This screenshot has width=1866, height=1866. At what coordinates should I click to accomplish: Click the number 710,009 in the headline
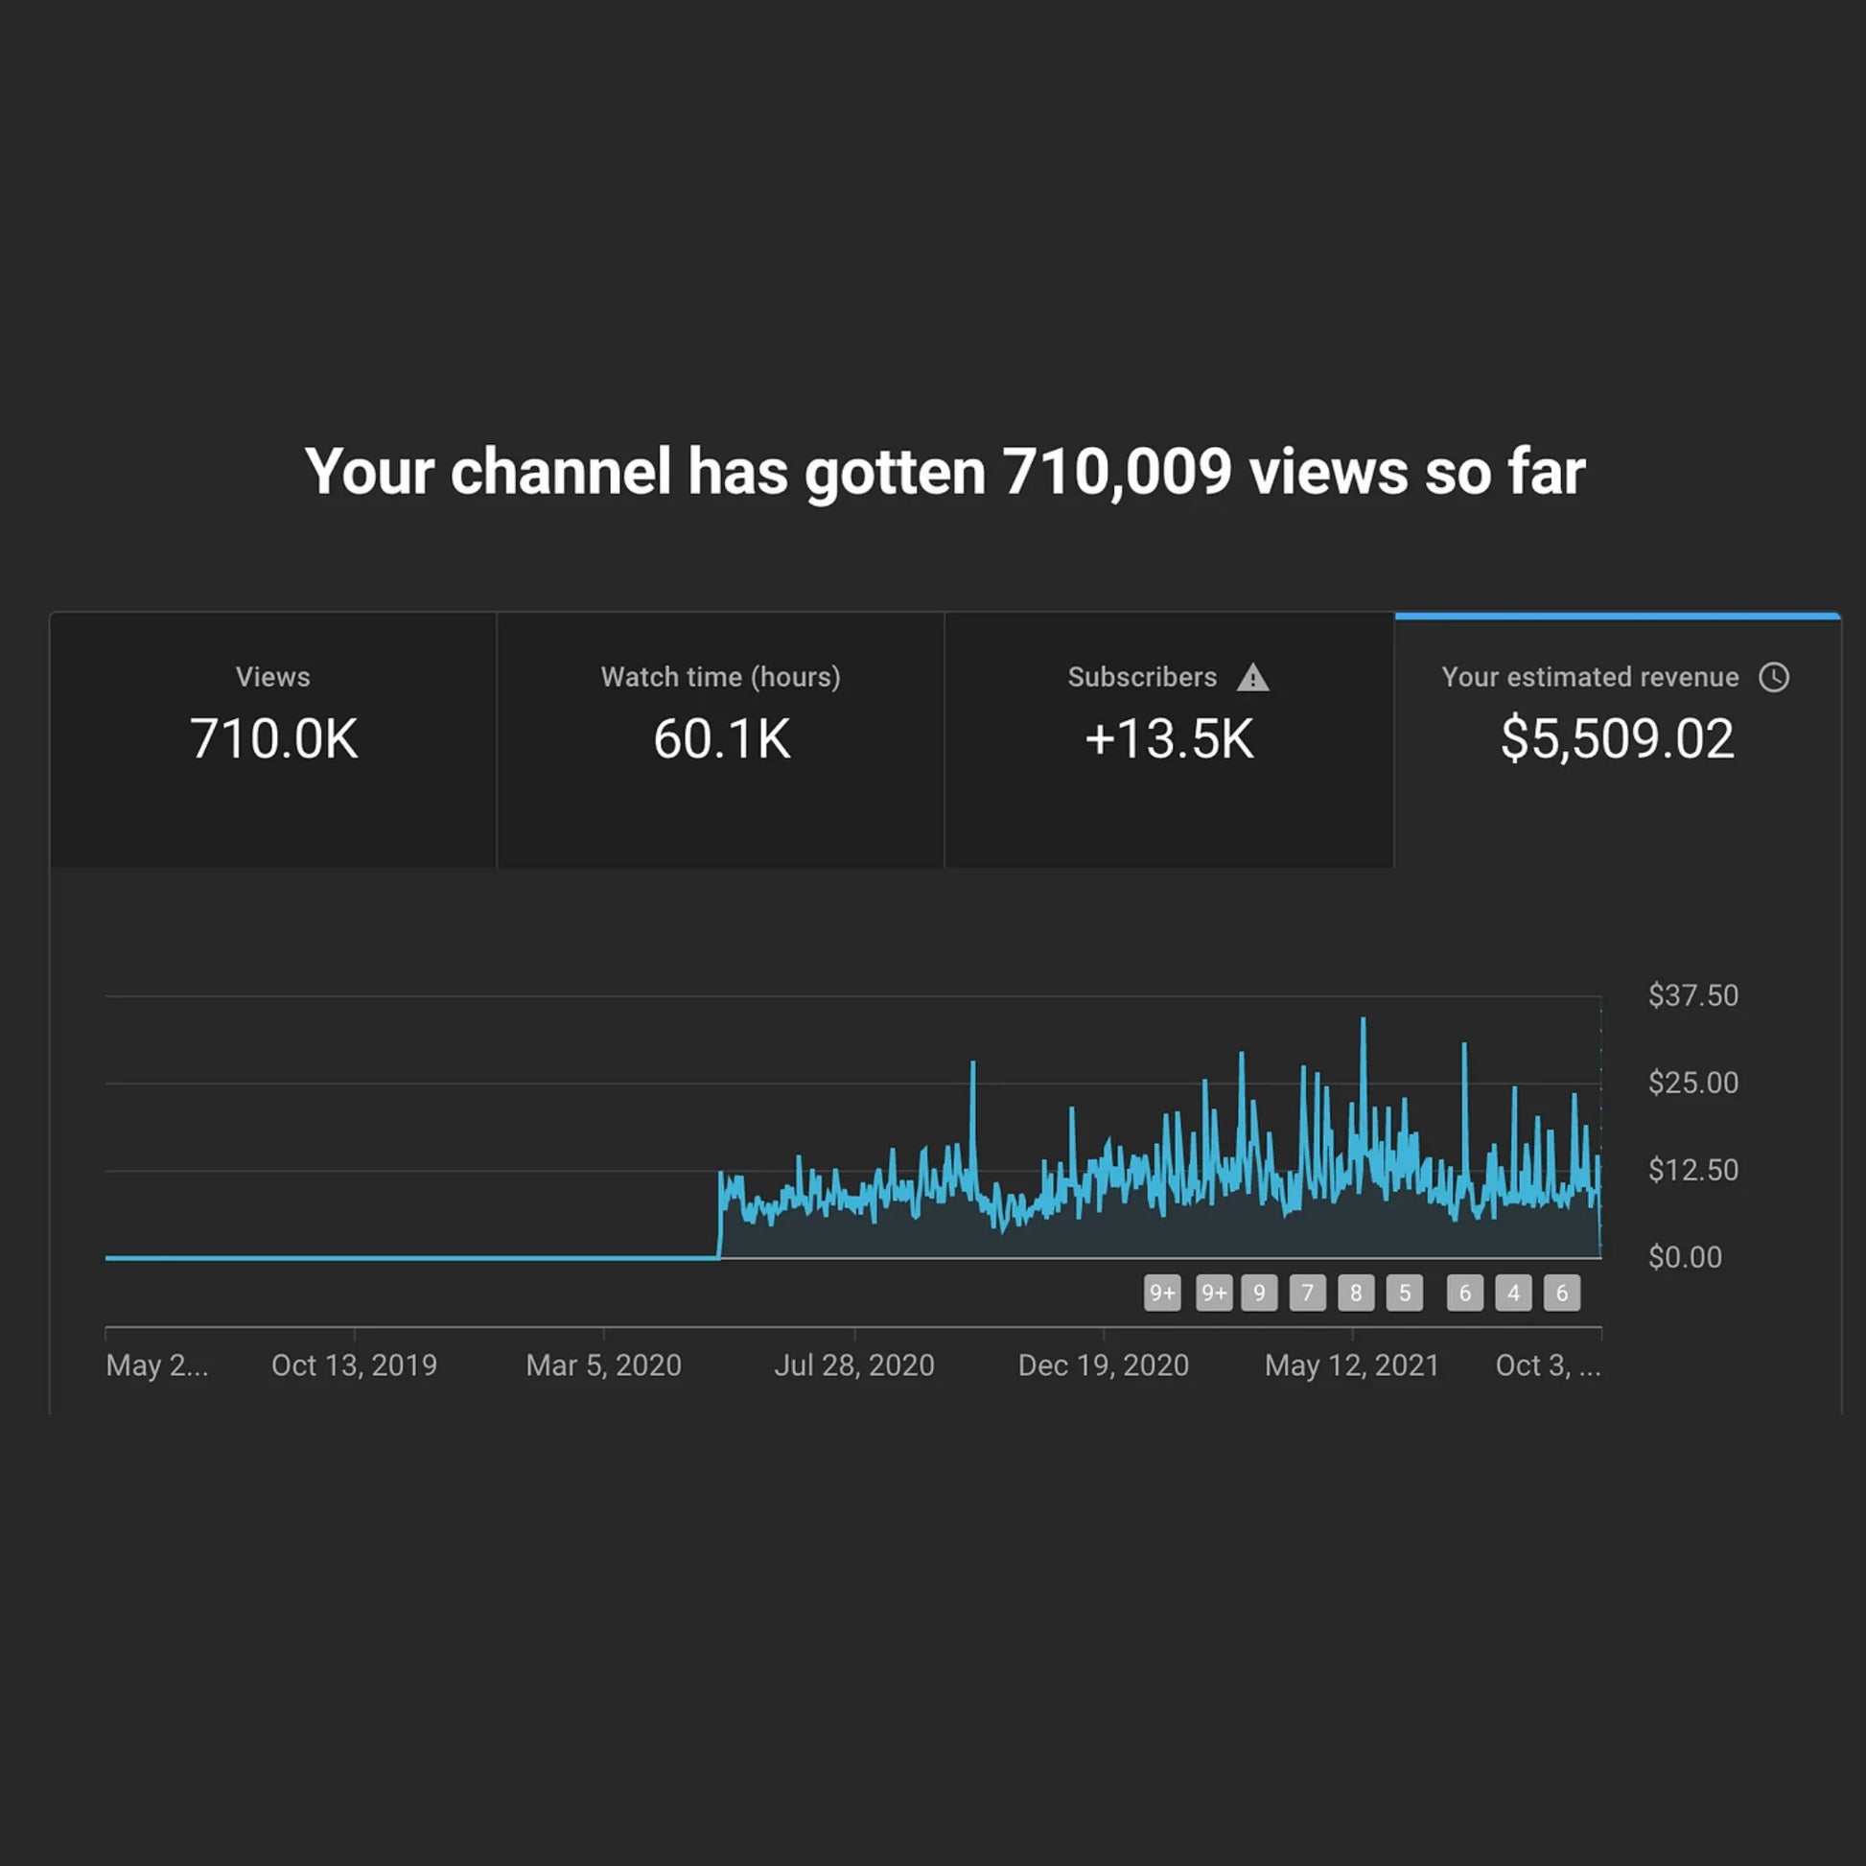(1116, 473)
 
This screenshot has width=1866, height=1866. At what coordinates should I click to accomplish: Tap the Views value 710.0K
(273, 739)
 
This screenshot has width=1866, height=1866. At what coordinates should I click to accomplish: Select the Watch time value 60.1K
(721, 739)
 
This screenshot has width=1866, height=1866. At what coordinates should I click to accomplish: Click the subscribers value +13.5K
(1169, 739)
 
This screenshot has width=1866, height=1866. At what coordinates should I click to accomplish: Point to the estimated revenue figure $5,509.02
(1617, 739)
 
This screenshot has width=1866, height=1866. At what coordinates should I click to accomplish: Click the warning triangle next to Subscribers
(1252, 678)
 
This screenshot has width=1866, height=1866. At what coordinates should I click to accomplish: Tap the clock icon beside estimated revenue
(1773, 677)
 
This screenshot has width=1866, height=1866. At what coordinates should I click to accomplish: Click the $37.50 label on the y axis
(1692, 995)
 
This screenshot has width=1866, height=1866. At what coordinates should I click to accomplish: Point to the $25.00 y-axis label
(1692, 1083)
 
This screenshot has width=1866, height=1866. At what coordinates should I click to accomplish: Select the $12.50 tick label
(1692, 1171)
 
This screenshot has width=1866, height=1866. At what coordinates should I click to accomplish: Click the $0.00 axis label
(1685, 1257)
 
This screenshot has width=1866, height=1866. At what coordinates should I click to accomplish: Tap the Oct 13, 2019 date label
(354, 1365)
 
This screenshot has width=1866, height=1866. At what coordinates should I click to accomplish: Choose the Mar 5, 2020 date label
(604, 1365)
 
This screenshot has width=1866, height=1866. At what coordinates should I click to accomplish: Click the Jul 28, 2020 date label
(853, 1365)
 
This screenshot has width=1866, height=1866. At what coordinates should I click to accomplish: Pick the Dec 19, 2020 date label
(1103, 1365)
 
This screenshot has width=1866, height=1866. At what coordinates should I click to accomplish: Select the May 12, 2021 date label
(1351, 1365)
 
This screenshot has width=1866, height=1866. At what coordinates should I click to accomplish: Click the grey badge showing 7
(1307, 1293)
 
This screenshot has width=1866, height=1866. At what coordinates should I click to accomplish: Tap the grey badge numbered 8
(1355, 1293)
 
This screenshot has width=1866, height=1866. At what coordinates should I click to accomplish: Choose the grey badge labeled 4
(1512, 1293)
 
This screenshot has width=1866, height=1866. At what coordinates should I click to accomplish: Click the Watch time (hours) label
(720, 677)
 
